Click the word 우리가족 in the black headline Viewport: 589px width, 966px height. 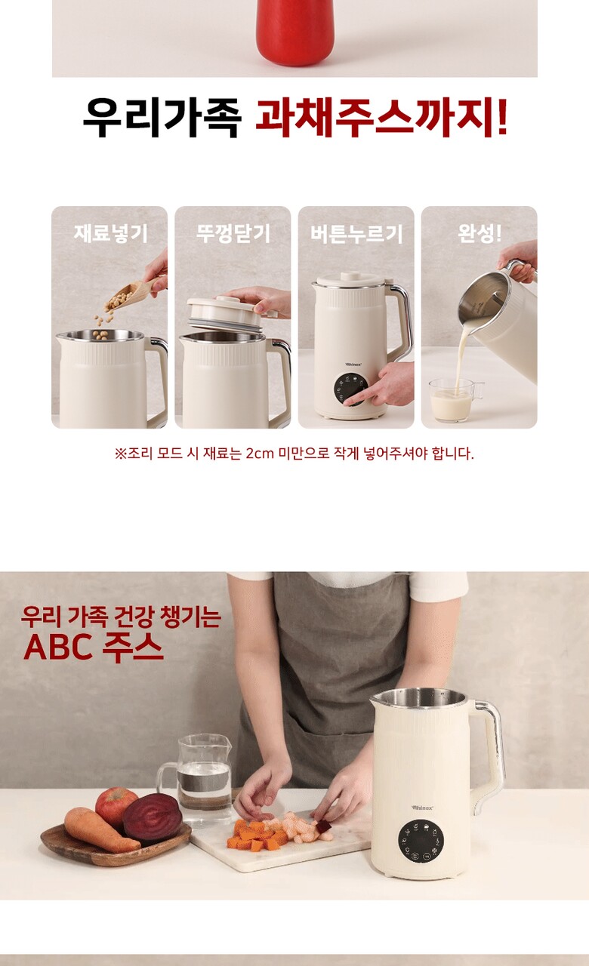pos(161,117)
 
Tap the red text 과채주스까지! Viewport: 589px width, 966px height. pos(381,117)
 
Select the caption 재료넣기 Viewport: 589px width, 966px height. pos(110,233)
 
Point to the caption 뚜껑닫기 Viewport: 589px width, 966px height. pos(233,233)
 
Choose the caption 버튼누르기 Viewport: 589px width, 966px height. pos(356,234)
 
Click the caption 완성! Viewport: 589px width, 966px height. pos(480,233)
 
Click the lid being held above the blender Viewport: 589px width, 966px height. pos(224,313)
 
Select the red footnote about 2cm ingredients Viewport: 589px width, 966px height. pos(294,454)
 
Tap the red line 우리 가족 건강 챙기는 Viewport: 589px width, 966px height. pos(122,617)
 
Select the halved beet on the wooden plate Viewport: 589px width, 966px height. pos(153,819)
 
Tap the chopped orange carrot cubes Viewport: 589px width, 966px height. pos(257,833)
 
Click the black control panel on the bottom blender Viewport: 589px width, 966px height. pos(421,841)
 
